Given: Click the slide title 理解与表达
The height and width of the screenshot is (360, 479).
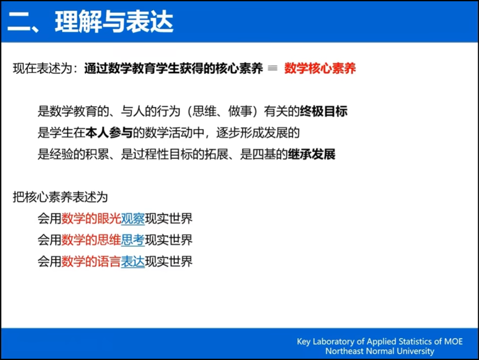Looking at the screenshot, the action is pyautogui.click(x=114, y=22).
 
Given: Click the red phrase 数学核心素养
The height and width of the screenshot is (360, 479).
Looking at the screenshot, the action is pyautogui.click(x=320, y=68).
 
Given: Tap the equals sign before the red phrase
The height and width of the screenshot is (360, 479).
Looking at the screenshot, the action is pyautogui.click(x=272, y=68).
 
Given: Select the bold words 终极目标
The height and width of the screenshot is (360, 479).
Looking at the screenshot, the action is pyautogui.click(x=323, y=111).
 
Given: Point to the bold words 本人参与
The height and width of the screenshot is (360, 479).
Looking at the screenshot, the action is pyautogui.click(x=109, y=133).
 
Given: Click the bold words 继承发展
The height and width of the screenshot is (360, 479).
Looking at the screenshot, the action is pyautogui.click(x=312, y=154).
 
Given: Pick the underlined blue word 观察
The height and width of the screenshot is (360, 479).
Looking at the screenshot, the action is pyautogui.click(x=133, y=219).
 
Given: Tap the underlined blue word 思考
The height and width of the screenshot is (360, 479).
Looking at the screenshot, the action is pyautogui.click(x=133, y=240).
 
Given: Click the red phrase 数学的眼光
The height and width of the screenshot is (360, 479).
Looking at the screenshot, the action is pyautogui.click(x=91, y=219).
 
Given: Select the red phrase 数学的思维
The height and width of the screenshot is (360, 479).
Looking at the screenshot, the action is pyautogui.click(x=91, y=240).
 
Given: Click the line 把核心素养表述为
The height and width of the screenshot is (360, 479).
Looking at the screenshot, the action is pyautogui.click(x=60, y=197).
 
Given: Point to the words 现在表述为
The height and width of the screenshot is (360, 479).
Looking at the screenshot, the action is pyautogui.click(x=43, y=68).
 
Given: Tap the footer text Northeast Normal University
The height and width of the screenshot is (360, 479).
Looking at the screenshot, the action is pyautogui.click(x=380, y=351).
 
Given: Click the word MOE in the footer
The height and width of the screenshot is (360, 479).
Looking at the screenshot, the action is pyautogui.click(x=453, y=341).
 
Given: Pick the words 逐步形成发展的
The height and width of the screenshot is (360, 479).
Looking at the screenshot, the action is pyautogui.click(x=258, y=133).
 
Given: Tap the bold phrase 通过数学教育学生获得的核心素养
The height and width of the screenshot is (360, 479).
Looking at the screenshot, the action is pyautogui.click(x=173, y=68).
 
